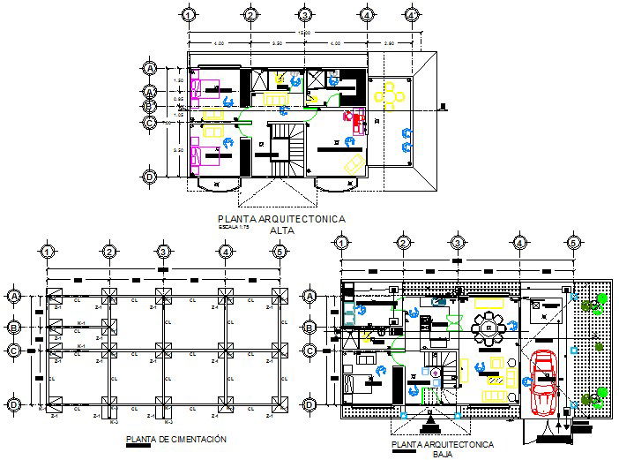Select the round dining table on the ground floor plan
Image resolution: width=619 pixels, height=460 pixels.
(x=488, y=329)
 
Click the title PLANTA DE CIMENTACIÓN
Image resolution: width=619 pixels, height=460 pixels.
(x=176, y=439)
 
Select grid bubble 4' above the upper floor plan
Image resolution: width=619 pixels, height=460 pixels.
(x=412, y=15)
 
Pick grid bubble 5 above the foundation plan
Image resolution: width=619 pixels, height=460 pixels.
(x=279, y=253)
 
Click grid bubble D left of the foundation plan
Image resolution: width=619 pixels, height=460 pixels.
(x=14, y=404)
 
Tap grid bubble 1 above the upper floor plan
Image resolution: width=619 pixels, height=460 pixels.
(x=188, y=15)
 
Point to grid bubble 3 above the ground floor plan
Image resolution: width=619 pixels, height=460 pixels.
(x=458, y=243)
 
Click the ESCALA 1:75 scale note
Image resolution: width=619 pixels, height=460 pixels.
(x=235, y=228)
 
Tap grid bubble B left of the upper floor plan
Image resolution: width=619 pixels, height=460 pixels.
(x=150, y=108)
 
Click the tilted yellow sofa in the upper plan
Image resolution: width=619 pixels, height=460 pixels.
(x=353, y=165)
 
